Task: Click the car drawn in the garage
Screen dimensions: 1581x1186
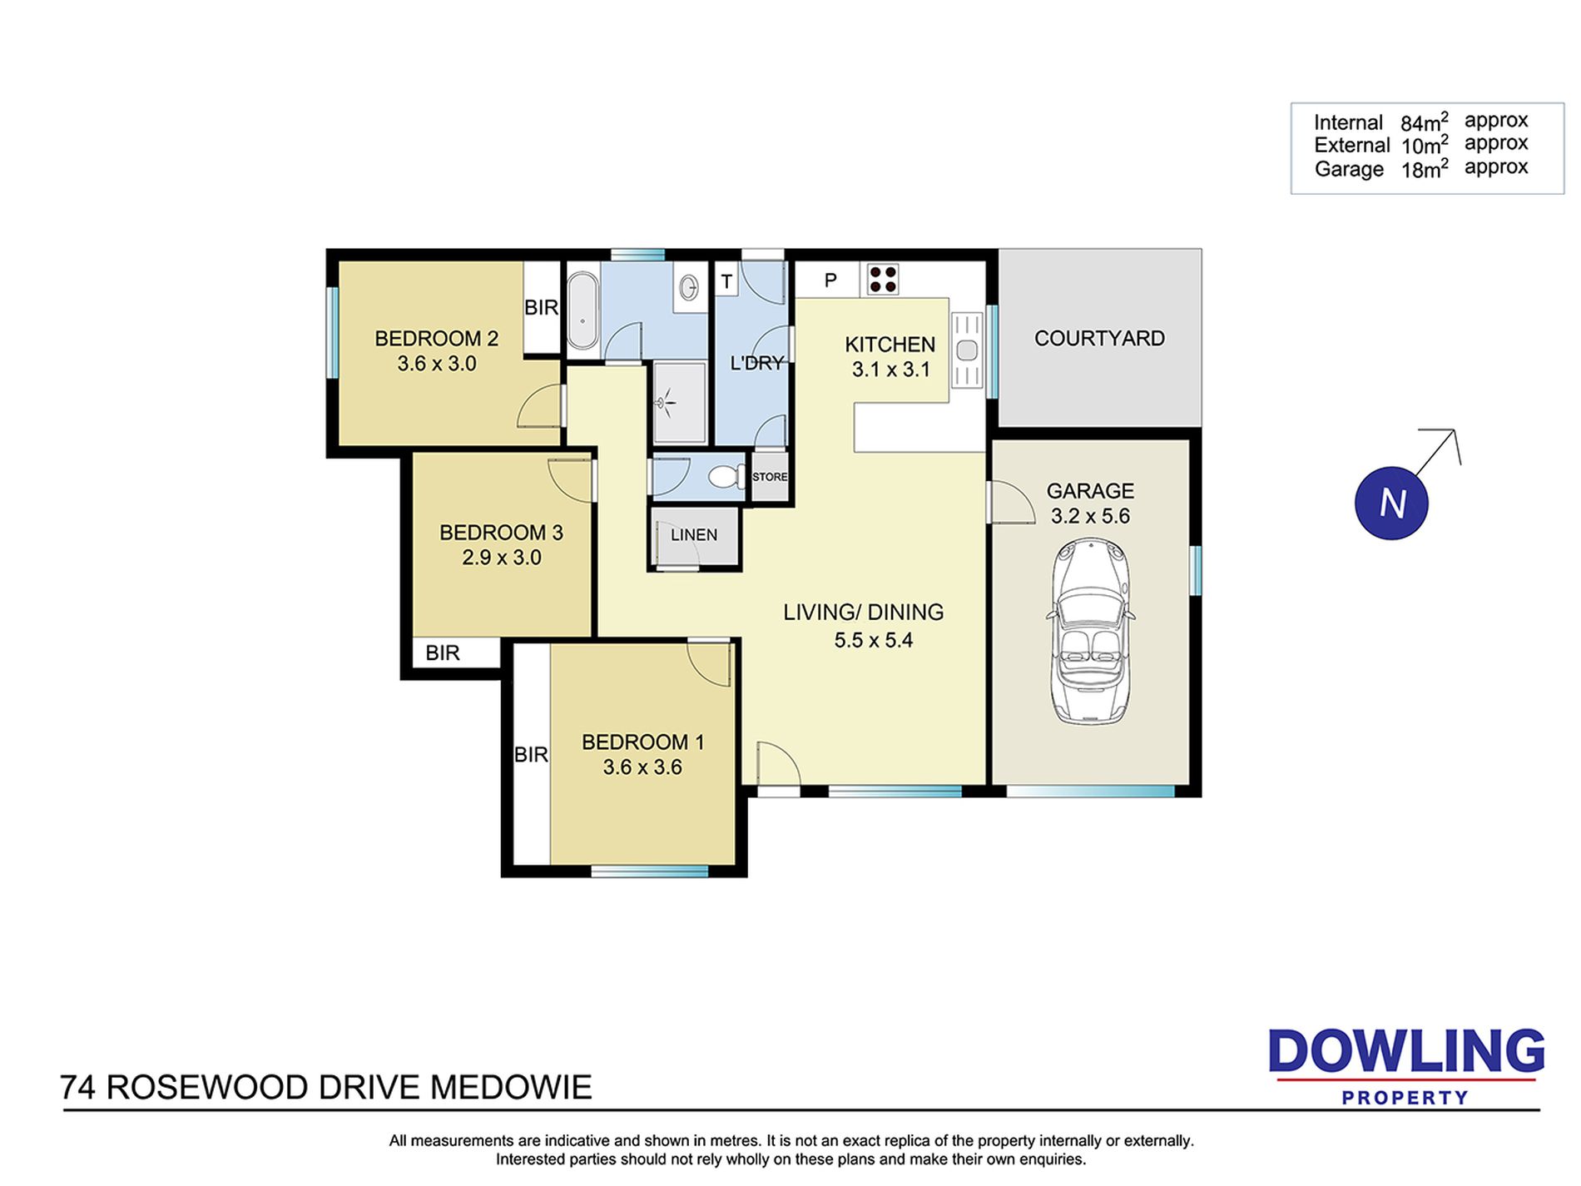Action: tap(1090, 631)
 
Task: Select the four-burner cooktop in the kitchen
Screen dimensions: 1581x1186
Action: tap(883, 280)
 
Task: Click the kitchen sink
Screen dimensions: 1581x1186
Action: tap(967, 350)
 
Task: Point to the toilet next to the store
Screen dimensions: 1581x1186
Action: tap(727, 477)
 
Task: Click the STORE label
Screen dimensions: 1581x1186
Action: tap(770, 477)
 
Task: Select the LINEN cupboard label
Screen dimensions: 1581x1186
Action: tap(694, 535)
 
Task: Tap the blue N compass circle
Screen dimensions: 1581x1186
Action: tap(1391, 503)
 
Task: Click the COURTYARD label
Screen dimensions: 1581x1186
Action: tap(1099, 338)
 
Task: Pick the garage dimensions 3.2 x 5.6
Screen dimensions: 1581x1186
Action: tap(1090, 516)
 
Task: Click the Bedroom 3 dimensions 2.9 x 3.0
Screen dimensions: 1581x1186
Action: tap(502, 558)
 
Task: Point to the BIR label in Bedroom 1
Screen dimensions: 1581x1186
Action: tap(531, 754)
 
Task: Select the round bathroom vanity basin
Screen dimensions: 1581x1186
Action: tap(689, 288)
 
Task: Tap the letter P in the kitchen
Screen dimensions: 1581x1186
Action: tap(830, 280)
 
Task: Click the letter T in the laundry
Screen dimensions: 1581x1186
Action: tap(726, 281)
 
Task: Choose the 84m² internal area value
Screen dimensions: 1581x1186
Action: tap(1425, 122)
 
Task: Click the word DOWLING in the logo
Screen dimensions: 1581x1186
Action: tap(1406, 1051)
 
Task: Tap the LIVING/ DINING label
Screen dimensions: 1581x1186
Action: tap(864, 613)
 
